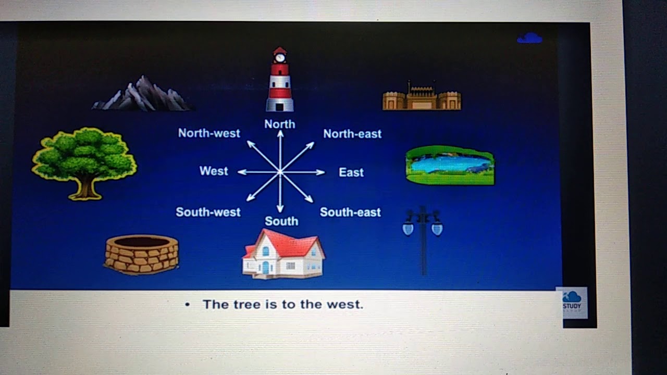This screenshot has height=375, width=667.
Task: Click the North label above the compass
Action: [x=280, y=124]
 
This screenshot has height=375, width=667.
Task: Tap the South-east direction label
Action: [x=350, y=212]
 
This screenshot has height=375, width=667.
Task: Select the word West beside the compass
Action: [x=214, y=171]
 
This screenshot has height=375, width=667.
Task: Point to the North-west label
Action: [x=209, y=133]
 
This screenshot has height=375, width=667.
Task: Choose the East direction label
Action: [x=351, y=172]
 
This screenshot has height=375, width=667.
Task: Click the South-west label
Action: [x=208, y=212]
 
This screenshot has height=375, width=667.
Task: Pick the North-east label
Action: [x=352, y=134]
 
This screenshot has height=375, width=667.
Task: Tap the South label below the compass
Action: [x=281, y=221]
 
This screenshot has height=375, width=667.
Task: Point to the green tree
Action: [x=84, y=161]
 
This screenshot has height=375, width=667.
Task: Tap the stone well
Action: [x=142, y=254]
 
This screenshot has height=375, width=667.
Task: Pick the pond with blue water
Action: [x=450, y=165]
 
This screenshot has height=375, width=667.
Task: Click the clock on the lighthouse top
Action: [x=280, y=57]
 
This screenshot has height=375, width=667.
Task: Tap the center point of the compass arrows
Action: [x=280, y=171]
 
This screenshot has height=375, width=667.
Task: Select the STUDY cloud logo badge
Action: [x=572, y=302]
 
